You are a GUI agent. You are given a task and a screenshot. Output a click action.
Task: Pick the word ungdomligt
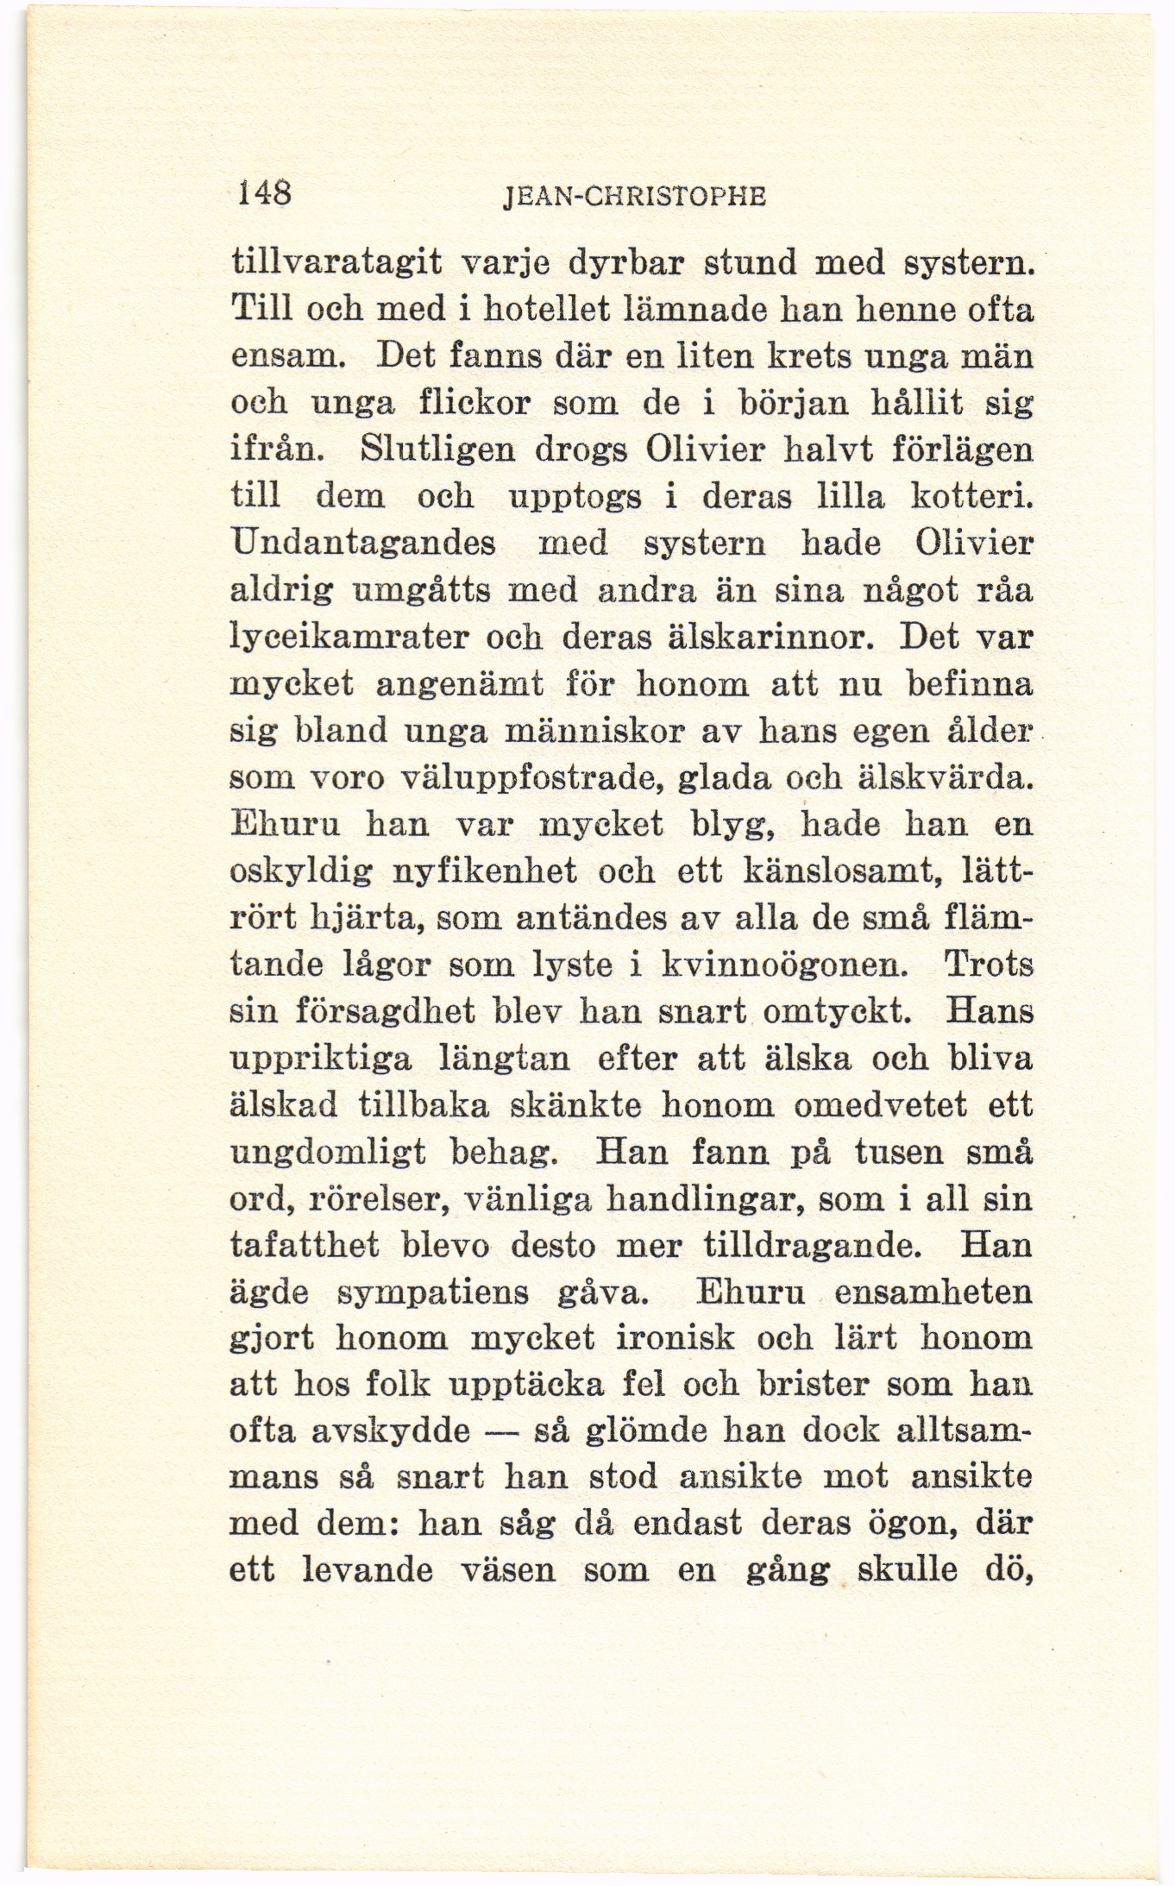click(x=329, y=1153)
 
